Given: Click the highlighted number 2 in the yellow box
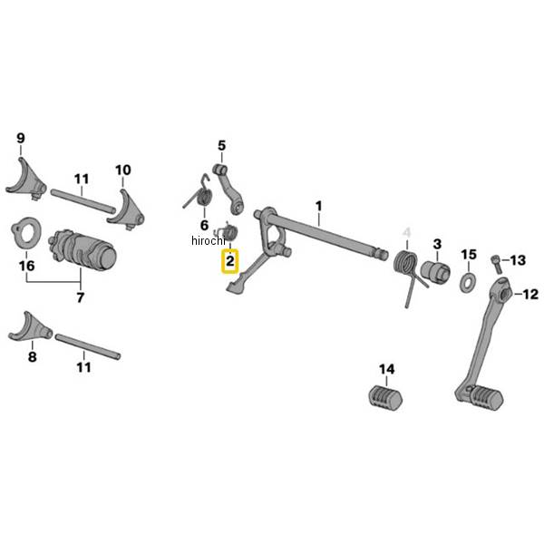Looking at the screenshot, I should click(x=230, y=262).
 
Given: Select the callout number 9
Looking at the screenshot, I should click(x=20, y=139).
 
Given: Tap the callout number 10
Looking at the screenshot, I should click(x=122, y=170).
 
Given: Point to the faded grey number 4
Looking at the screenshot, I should click(x=407, y=234).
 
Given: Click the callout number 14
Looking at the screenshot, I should click(x=387, y=369).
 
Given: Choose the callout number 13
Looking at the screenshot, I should click(x=517, y=260).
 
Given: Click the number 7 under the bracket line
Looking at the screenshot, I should click(x=80, y=297).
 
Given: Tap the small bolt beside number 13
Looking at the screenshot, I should click(x=495, y=261).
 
